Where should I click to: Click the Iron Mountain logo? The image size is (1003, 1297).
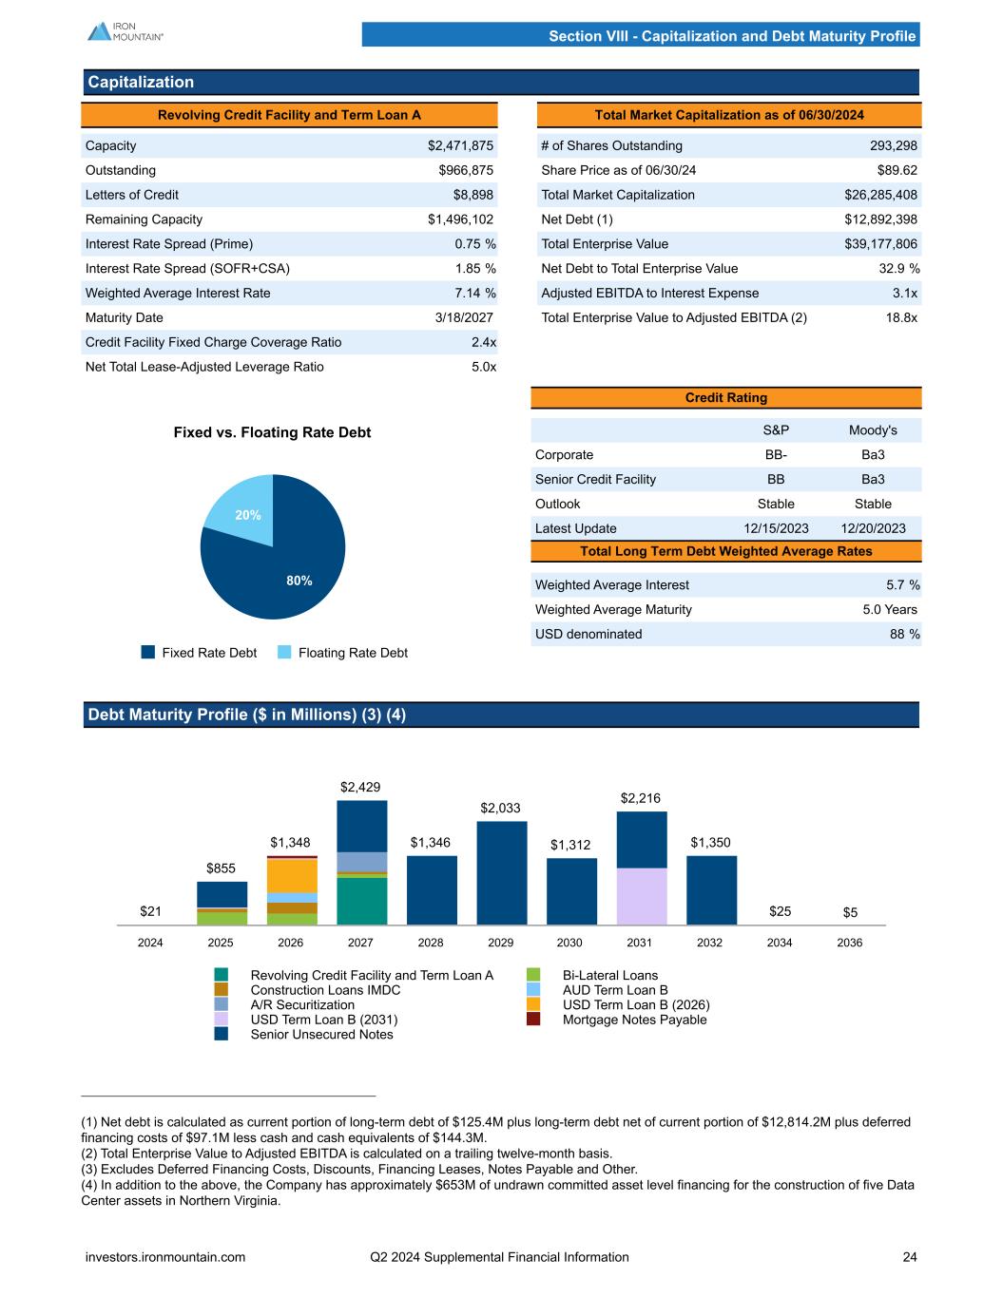click(x=125, y=31)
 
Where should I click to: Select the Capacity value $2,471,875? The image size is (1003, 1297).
click(x=460, y=145)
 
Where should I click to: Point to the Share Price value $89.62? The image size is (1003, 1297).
click(x=897, y=170)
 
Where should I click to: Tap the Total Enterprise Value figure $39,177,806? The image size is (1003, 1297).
click(x=880, y=244)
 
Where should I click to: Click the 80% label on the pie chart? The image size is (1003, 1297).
click(x=299, y=581)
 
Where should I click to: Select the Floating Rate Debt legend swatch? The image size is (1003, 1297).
click(x=285, y=653)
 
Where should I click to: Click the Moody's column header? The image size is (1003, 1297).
click(x=872, y=430)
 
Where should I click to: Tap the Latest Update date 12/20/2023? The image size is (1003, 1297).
click(x=873, y=528)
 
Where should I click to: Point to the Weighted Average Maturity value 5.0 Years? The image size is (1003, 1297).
click(x=889, y=609)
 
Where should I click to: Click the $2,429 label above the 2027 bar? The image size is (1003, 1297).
click(x=360, y=787)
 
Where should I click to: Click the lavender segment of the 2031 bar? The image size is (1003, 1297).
click(x=642, y=896)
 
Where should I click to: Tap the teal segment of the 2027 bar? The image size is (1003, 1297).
click(x=361, y=901)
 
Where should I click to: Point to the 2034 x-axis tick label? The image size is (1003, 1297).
click(x=780, y=943)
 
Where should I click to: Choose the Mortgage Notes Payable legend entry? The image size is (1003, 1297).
click(x=634, y=1020)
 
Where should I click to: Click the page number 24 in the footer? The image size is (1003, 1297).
click(x=910, y=1257)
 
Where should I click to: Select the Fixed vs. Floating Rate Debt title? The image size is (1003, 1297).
click(x=272, y=432)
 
